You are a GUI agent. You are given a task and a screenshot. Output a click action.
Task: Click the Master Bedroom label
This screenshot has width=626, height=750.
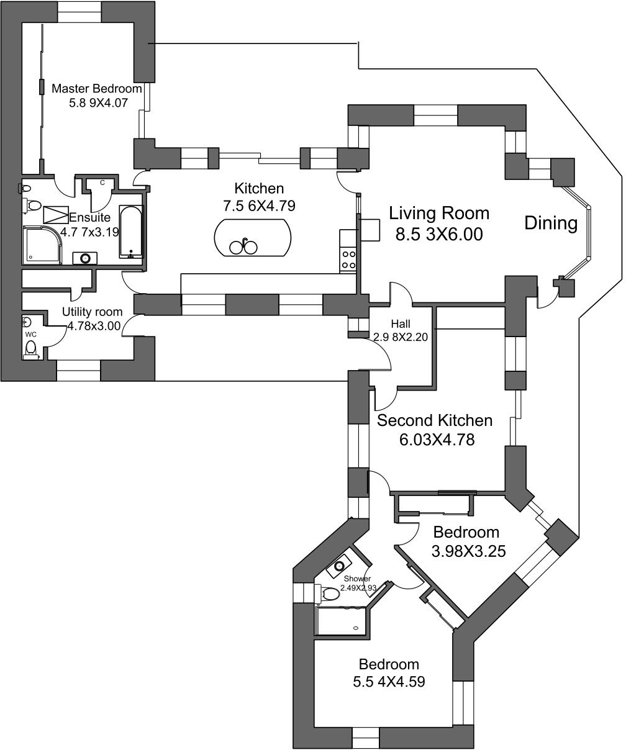tap(97, 88)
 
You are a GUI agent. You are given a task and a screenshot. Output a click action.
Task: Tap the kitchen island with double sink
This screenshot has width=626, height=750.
tap(253, 238)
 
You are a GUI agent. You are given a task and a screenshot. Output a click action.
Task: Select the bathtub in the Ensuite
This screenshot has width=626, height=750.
tap(131, 232)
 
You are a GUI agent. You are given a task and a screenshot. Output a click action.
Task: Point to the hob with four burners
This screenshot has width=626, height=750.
tap(348, 260)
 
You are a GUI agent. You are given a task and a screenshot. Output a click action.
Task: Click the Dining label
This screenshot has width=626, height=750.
tap(551, 223)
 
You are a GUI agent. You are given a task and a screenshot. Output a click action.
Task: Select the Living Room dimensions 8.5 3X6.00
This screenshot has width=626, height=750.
tap(439, 234)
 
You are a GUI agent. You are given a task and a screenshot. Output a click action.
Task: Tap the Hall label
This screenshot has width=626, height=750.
tap(401, 324)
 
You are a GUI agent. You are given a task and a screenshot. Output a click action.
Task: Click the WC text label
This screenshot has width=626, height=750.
tap(31, 335)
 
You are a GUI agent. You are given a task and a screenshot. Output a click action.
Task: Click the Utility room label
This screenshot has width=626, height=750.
tap(92, 312)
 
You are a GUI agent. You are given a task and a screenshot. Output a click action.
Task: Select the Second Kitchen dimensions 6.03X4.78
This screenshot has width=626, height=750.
tap(437, 440)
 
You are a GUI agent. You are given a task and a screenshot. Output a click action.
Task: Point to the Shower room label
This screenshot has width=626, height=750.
tap(357, 579)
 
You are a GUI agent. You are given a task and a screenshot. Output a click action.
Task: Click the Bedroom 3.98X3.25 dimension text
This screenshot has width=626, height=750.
tap(469, 551)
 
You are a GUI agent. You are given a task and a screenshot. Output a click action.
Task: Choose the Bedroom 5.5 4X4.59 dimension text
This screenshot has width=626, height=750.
tap(389, 681)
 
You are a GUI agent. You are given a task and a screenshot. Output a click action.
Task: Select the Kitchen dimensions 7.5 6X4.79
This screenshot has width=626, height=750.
tap(259, 206)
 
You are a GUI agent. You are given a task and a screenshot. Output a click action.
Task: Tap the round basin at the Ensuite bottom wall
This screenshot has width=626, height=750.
tap(85, 258)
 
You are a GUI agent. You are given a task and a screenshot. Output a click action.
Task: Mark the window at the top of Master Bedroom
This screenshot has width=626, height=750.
tap(79, 12)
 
